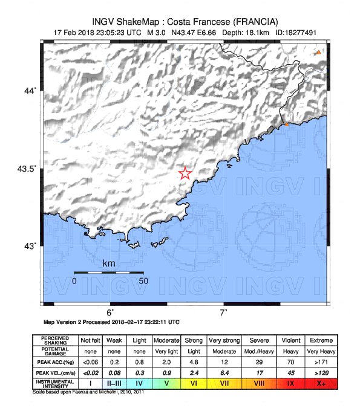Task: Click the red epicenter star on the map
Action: [x=185, y=173]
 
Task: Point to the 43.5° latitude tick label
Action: [x=27, y=169]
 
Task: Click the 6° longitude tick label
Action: [x=111, y=312]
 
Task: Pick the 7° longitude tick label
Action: [x=223, y=312]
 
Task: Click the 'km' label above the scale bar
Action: [x=109, y=264]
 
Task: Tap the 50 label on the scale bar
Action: [x=143, y=281]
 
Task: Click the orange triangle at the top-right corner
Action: [x=318, y=53]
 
